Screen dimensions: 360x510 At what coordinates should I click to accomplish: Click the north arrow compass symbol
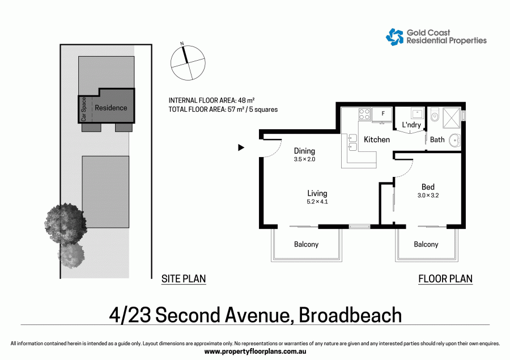click(x=186, y=62)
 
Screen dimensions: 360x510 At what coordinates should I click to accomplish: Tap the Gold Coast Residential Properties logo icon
click(x=395, y=37)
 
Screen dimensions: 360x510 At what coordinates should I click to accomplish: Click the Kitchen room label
click(x=377, y=139)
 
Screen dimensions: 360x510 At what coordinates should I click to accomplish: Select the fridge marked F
click(x=383, y=114)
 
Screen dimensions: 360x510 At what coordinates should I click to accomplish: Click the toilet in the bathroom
click(x=435, y=116)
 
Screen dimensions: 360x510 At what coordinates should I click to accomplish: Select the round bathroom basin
click(x=454, y=139)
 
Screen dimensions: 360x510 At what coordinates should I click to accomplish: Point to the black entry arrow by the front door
click(x=241, y=147)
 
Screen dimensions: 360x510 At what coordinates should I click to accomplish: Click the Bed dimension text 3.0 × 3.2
click(x=428, y=196)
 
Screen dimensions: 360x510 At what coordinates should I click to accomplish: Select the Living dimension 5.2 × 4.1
click(x=317, y=202)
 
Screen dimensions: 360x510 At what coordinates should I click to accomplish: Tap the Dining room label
click(x=304, y=151)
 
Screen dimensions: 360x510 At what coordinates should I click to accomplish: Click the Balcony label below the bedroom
click(x=426, y=244)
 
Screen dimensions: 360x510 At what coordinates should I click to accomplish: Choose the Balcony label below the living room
click(x=306, y=244)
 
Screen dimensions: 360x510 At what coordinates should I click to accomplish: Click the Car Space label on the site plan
click(x=83, y=109)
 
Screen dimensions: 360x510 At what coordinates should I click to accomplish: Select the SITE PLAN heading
click(x=184, y=278)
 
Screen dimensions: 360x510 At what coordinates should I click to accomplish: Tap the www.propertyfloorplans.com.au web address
click(x=254, y=351)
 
